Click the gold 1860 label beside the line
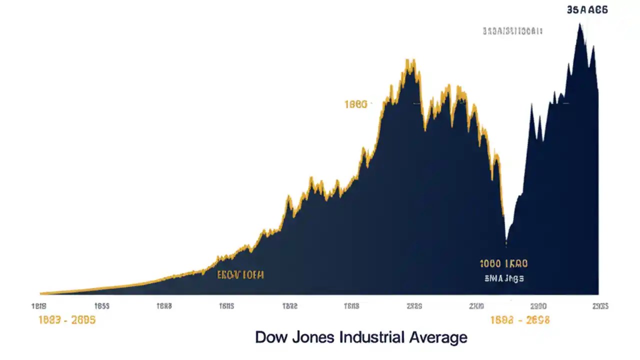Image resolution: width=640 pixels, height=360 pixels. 356,104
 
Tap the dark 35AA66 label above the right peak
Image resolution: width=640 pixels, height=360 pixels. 587,9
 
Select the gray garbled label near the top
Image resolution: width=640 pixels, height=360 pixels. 512,31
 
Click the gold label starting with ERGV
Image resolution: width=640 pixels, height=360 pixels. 240,274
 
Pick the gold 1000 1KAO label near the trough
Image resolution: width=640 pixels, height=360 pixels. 503,263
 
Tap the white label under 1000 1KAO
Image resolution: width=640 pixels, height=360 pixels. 503,278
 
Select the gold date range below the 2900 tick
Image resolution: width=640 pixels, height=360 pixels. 520,320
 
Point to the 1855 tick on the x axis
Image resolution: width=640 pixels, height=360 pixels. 102,306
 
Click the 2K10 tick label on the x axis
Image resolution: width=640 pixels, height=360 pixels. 476,306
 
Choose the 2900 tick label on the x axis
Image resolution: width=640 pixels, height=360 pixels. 538,306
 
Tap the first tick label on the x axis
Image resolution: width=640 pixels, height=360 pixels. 39,306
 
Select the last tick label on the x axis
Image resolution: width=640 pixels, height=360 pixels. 600,306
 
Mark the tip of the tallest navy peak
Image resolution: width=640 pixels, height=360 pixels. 580,24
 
